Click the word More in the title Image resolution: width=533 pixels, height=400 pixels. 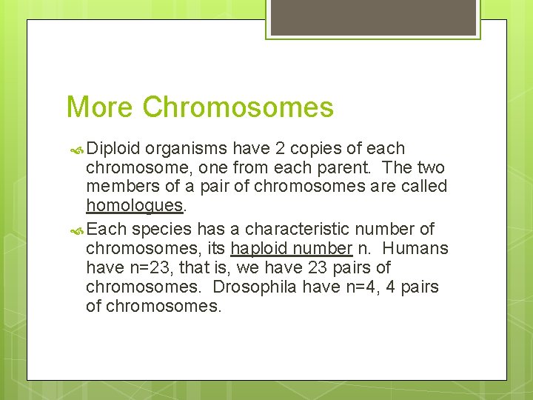coord(100,107)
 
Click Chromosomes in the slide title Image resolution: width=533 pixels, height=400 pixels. coord(238,107)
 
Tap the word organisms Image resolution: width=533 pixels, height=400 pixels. coord(183,149)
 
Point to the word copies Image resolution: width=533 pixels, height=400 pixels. coord(306,149)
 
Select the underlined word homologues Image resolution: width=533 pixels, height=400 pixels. coord(134,205)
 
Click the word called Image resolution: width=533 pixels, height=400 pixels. coord(423,185)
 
